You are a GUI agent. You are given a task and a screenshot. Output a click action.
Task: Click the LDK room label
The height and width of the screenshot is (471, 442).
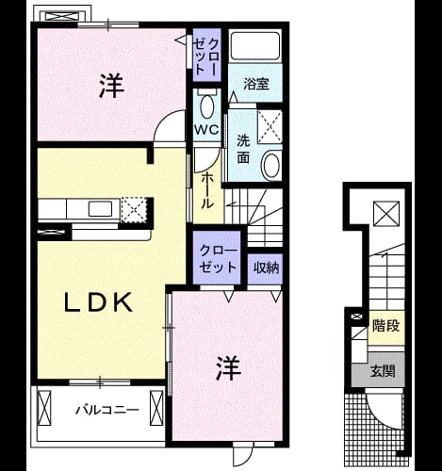click(x=98, y=302)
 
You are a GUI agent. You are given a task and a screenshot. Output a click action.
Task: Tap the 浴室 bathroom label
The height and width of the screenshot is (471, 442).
click(x=256, y=84)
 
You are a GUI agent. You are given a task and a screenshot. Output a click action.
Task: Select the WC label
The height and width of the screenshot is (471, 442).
click(x=206, y=129)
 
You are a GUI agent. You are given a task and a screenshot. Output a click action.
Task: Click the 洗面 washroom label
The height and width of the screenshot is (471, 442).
click(x=243, y=149)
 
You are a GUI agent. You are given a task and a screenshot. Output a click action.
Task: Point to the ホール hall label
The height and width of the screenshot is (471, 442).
click(x=207, y=190)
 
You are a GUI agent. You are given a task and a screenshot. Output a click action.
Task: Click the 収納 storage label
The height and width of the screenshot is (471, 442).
click(x=266, y=268)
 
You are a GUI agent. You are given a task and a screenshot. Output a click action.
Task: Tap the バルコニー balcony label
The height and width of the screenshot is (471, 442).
click(x=107, y=410)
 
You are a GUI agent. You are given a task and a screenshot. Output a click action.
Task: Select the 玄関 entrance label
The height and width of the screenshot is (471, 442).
click(x=383, y=371)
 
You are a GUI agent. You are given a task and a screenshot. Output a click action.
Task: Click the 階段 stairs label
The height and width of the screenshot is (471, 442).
click(x=385, y=326)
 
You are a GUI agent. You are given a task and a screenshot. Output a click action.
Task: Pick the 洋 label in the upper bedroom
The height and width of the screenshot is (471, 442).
click(x=111, y=85)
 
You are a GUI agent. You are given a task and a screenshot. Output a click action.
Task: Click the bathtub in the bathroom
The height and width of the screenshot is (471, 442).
click(x=255, y=46)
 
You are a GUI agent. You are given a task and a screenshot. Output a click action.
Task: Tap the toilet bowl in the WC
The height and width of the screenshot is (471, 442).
click(x=206, y=106)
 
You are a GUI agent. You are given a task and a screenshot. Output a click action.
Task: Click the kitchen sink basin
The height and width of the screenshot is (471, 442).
click(x=100, y=208)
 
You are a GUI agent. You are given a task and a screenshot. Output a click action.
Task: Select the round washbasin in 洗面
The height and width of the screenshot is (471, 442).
click(x=271, y=166)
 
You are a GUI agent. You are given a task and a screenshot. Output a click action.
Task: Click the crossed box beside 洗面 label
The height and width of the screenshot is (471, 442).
click(x=270, y=127)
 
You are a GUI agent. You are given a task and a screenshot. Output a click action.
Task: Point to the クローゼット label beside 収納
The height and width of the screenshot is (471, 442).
click(x=218, y=259)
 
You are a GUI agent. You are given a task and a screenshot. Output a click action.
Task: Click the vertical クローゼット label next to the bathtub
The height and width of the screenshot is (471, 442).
click(x=206, y=57)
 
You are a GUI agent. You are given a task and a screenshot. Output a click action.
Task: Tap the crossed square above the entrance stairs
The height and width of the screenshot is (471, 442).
click(x=386, y=214)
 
